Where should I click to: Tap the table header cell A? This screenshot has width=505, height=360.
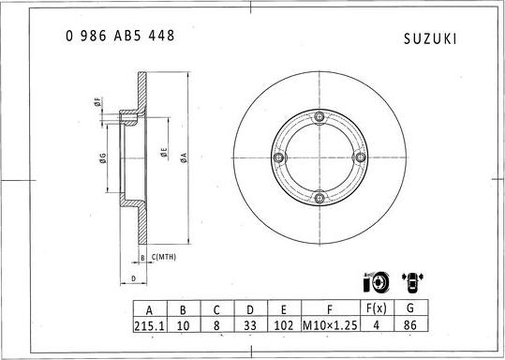tap(149, 307)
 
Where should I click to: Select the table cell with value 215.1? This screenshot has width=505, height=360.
tap(149, 325)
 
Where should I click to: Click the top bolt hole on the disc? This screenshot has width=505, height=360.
tap(319, 117)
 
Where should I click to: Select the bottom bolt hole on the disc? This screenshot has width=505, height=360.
tap(319, 198)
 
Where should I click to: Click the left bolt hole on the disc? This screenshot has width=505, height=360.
tap(279, 157)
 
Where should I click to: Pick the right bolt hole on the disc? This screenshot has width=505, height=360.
tap(359, 157)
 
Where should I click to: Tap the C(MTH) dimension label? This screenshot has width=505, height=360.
tap(164, 256)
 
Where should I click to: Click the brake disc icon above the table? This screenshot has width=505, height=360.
tap(377, 281)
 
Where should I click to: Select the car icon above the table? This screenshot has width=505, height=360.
tap(412, 281)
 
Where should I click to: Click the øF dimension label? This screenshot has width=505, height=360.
tap(98, 104)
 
